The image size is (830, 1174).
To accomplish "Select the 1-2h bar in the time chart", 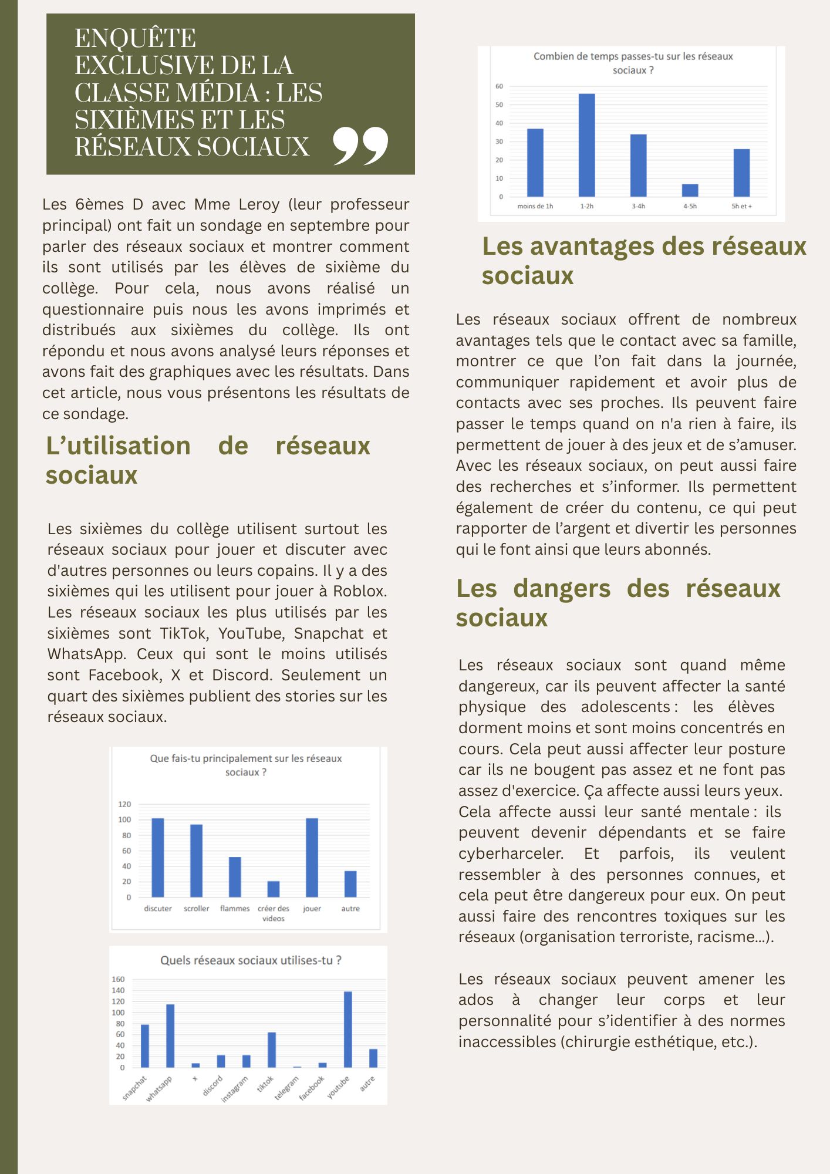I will (x=586, y=145).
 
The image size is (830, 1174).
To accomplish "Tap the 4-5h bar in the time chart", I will (x=690, y=190).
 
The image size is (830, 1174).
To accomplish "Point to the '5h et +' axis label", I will (x=741, y=206).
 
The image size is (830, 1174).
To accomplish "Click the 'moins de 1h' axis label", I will (x=535, y=206).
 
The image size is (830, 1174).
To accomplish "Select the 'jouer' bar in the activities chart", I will (x=312, y=858).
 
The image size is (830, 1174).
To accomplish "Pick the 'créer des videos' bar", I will (x=274, y=889).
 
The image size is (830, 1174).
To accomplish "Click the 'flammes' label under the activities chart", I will (x=235, y=909).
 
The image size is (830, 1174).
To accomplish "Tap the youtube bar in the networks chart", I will (x=347, y=1029).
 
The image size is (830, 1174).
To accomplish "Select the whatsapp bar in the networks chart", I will (x=170, y=1035).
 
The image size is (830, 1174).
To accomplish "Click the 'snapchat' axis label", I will (x=135, y=1088).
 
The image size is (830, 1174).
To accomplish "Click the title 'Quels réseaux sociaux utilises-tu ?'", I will (x=251, y=960).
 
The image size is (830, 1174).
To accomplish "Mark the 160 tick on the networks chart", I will (x=118, y=979).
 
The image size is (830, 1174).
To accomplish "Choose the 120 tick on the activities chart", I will (x=124, y=804).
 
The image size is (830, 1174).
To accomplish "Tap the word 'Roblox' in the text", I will (x=359, y=591).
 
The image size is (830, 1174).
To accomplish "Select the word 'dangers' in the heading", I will (x=562, y=588).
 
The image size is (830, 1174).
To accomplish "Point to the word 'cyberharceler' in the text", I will (x=510, y=853).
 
